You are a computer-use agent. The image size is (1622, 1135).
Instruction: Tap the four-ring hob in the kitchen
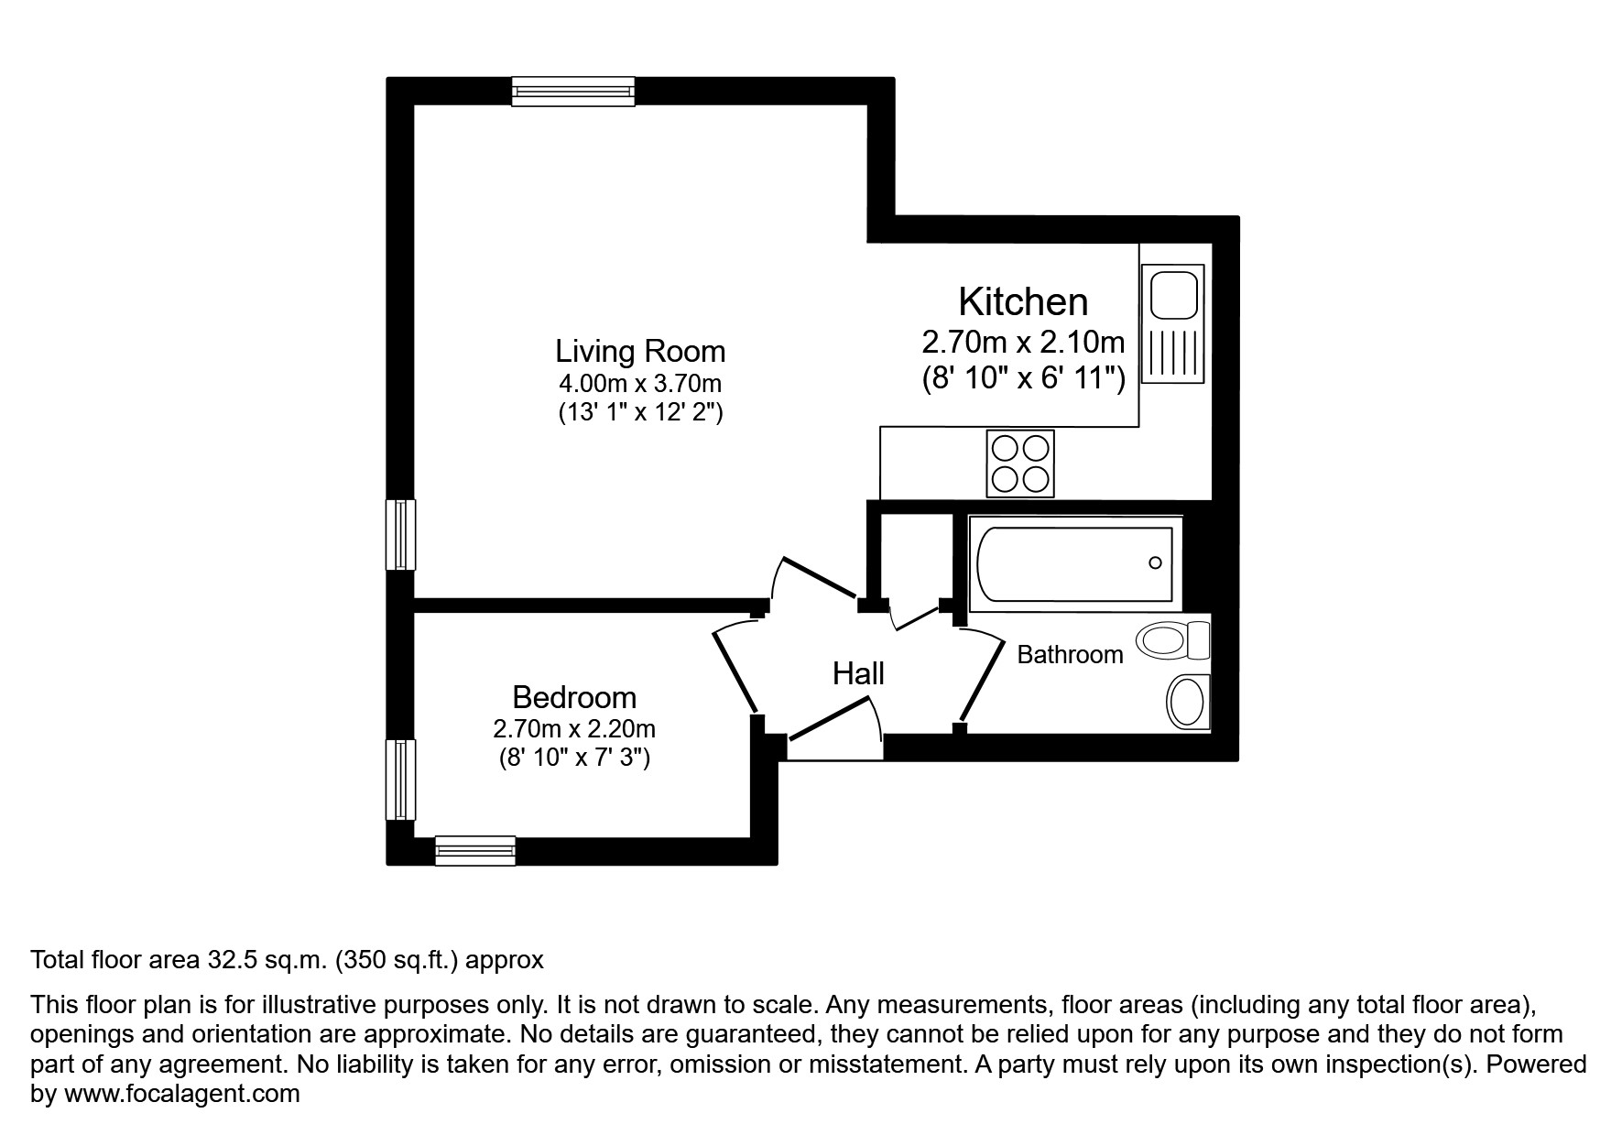click(1020, 463)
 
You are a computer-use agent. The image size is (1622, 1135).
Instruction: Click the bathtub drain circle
click(1155, 562)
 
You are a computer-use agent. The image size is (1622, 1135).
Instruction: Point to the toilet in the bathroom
click(1172, 639)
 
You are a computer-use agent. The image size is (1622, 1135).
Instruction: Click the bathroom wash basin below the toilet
click(1188, 703)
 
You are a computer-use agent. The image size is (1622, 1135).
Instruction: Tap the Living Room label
click(640, 352)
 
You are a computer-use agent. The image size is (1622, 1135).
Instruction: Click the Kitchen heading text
click(1023, 301)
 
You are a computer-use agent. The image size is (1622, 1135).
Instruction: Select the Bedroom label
click(574, 698)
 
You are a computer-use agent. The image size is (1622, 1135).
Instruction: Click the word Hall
click(858, 674)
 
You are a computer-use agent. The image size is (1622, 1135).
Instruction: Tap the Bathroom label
click(1070, 655)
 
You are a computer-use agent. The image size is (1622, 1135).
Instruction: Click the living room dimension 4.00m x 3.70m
click(640, 383)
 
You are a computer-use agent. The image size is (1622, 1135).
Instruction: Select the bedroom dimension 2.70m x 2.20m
click(574, 729)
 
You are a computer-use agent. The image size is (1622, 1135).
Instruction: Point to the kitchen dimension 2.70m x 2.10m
click(1023, 343)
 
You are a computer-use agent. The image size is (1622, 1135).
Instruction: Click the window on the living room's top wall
click(572, 91)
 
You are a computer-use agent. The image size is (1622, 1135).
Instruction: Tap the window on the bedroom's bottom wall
click(474, 851)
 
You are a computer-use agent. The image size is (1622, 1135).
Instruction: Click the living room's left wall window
click(400, 535)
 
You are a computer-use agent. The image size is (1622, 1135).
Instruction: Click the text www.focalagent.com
click(181, 1094)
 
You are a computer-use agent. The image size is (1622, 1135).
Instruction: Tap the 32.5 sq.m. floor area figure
click(265, 960)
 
